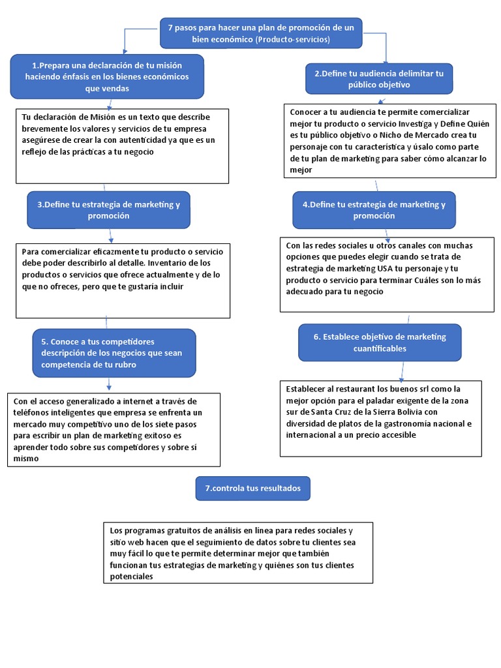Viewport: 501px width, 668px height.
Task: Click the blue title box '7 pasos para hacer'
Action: pos(261,33)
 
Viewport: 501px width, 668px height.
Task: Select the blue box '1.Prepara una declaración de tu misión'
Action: pos(107,76)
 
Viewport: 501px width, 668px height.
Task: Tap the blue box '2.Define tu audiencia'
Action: pos(378,79)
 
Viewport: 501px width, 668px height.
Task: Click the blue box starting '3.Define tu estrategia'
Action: pos(108,209)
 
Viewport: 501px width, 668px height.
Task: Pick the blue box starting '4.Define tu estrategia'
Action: pos(374,209)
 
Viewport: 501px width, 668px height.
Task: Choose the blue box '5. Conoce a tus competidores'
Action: pos(114,353)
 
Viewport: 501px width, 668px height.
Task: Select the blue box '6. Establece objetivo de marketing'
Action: pos(380,342)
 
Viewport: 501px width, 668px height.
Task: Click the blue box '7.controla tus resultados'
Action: pos(252,488)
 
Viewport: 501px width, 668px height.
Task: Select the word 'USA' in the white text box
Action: pos(386,269)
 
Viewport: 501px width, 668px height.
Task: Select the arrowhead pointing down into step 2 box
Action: pos(386,60)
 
